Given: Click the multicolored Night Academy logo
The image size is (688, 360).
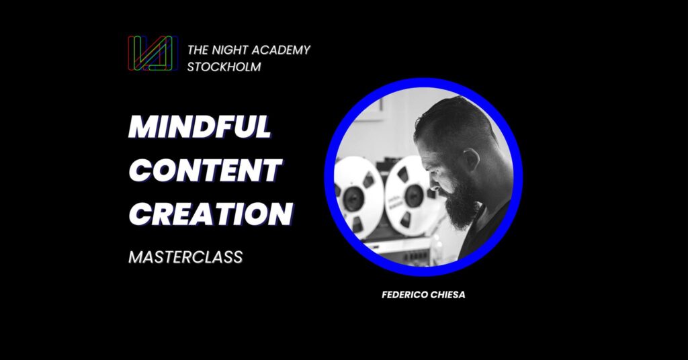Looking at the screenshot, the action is click(x=153, y=53).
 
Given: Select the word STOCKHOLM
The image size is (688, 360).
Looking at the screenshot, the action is click(x=224, y=66).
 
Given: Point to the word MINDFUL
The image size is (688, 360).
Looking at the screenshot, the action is click(x=200, y=127).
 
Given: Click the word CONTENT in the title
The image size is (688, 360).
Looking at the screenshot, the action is click(x=206, y=170).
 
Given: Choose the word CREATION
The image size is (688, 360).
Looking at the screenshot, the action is click(x=211, y=214).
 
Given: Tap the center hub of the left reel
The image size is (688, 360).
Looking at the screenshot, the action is click(x=353, y=199).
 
